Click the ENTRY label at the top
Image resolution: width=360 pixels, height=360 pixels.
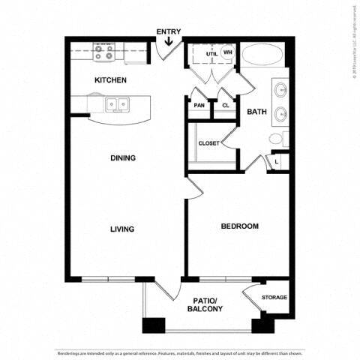tap(167, 31)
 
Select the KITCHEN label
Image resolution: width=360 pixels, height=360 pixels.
tap(110, 79)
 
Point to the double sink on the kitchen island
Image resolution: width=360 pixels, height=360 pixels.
tap(116, 104)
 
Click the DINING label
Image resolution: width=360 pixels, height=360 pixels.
tap(123, 158)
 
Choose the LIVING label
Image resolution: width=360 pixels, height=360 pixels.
tap(122, 229)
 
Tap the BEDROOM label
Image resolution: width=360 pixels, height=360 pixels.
tap(239, 226)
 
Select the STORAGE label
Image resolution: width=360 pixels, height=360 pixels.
tap(274, 298)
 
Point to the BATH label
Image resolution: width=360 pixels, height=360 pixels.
tap(257, 112)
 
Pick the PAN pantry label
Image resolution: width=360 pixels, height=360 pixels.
tap(199, 106)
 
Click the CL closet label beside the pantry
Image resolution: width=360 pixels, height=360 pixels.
tap(225, 106)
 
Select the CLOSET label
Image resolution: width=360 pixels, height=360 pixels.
tap(208, 143)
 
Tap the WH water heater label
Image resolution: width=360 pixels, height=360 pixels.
tap(228, 52)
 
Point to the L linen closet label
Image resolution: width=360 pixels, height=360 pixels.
tap(277, 160)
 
